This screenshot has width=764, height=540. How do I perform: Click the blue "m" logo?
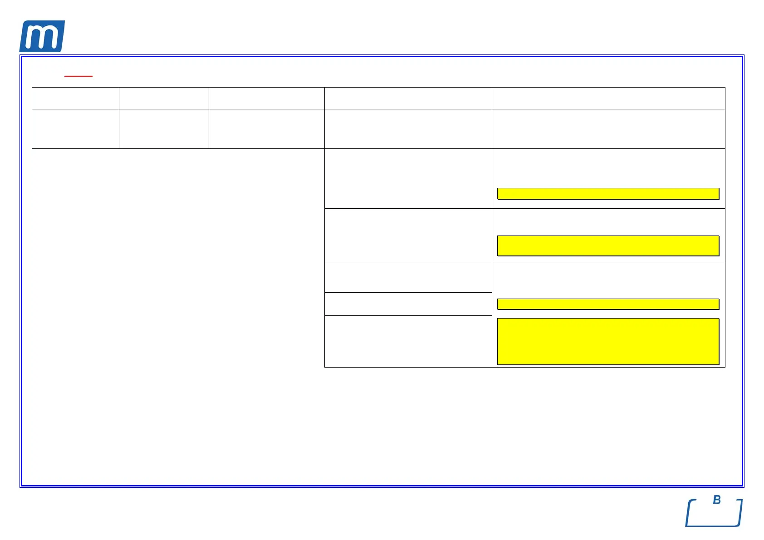pyautogui.click(x=42, y=36)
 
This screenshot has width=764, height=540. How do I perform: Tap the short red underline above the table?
pyautogui.click(x=78, y=76)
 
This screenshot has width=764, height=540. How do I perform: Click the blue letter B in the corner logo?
pyautogui.click(x=717, y=500)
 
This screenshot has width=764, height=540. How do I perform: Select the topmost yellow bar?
pyautogui.click(x=608, y=194)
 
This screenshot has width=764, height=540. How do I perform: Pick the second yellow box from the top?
pyautogui.click(x=608, y=245)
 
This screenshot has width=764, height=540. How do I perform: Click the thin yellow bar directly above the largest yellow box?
pyautogui.click(x=608, y=304)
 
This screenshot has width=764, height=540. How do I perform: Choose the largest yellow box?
pyautogui.click(x=608, y=341)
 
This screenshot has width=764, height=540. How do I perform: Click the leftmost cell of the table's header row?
pyautogui.click(x=75, y=98)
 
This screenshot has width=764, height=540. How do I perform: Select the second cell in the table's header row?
pyautogui.click(x=164, y=98)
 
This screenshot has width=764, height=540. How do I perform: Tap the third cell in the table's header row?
pyautogui.click(x=266, y=98)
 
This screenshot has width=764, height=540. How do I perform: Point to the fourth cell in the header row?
pyautogui.click(x=408, y=98)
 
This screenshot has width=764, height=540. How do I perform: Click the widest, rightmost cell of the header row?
pyautogui.click(x=608, y=98)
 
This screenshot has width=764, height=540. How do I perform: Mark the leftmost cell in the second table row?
pyautogui.click(x=75, y=129)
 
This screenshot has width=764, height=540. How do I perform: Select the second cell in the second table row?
pyautogui.click(x=164, y=129)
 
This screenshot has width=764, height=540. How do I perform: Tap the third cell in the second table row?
pyautogui.click(x=266, y=129)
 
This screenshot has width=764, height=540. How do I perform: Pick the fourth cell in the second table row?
pyautogui.click(x=408, y=129)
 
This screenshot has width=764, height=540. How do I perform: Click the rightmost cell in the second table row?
pyautogui.click(x=608, y=129)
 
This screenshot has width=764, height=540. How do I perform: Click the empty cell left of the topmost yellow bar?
pyautogui.click(x=408, y=178)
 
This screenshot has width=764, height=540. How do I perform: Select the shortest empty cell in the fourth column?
pyautogui.click(x=408, y=304)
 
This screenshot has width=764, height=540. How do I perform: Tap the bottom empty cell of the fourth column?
pyautogui.click(x=408, y=341)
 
